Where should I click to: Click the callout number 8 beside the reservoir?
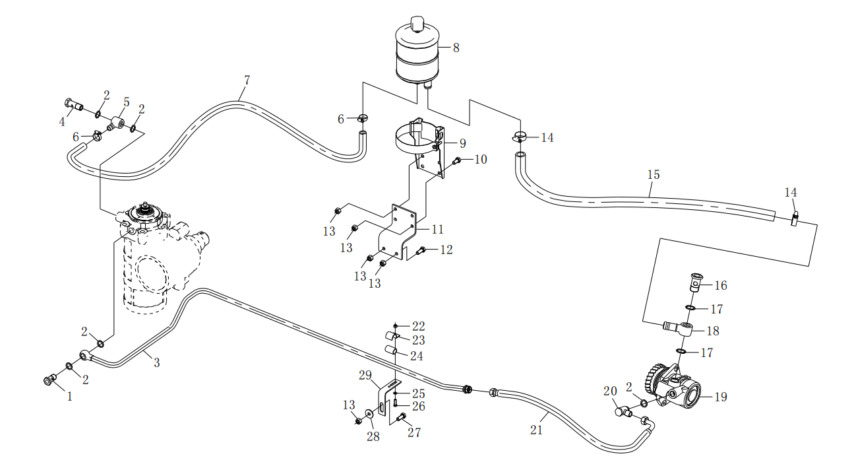coord(456,48)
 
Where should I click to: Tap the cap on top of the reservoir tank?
coord(416,24)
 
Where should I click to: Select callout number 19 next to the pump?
coord(720,397)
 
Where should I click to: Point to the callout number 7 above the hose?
coord(247,81)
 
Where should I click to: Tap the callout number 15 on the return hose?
coord(653,175)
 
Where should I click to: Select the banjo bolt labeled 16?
coord(695,283)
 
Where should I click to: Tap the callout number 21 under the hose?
coord(536,429)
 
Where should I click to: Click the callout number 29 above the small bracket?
coord(366,376)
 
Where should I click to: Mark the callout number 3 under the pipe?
coord(156,362)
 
